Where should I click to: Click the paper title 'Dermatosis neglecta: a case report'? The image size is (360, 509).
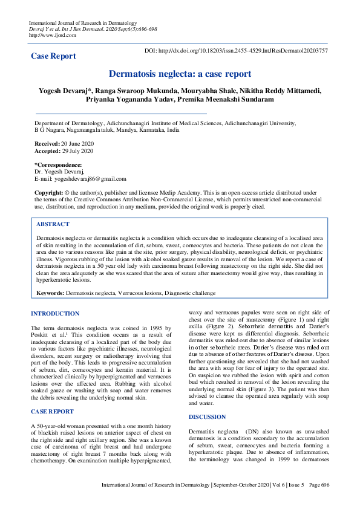180,74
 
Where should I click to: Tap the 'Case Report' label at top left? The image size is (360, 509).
53,56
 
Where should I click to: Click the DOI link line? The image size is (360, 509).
237,51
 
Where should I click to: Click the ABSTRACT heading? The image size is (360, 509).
53,224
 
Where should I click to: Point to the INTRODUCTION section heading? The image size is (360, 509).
55,314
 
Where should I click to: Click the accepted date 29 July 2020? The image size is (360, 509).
79,151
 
